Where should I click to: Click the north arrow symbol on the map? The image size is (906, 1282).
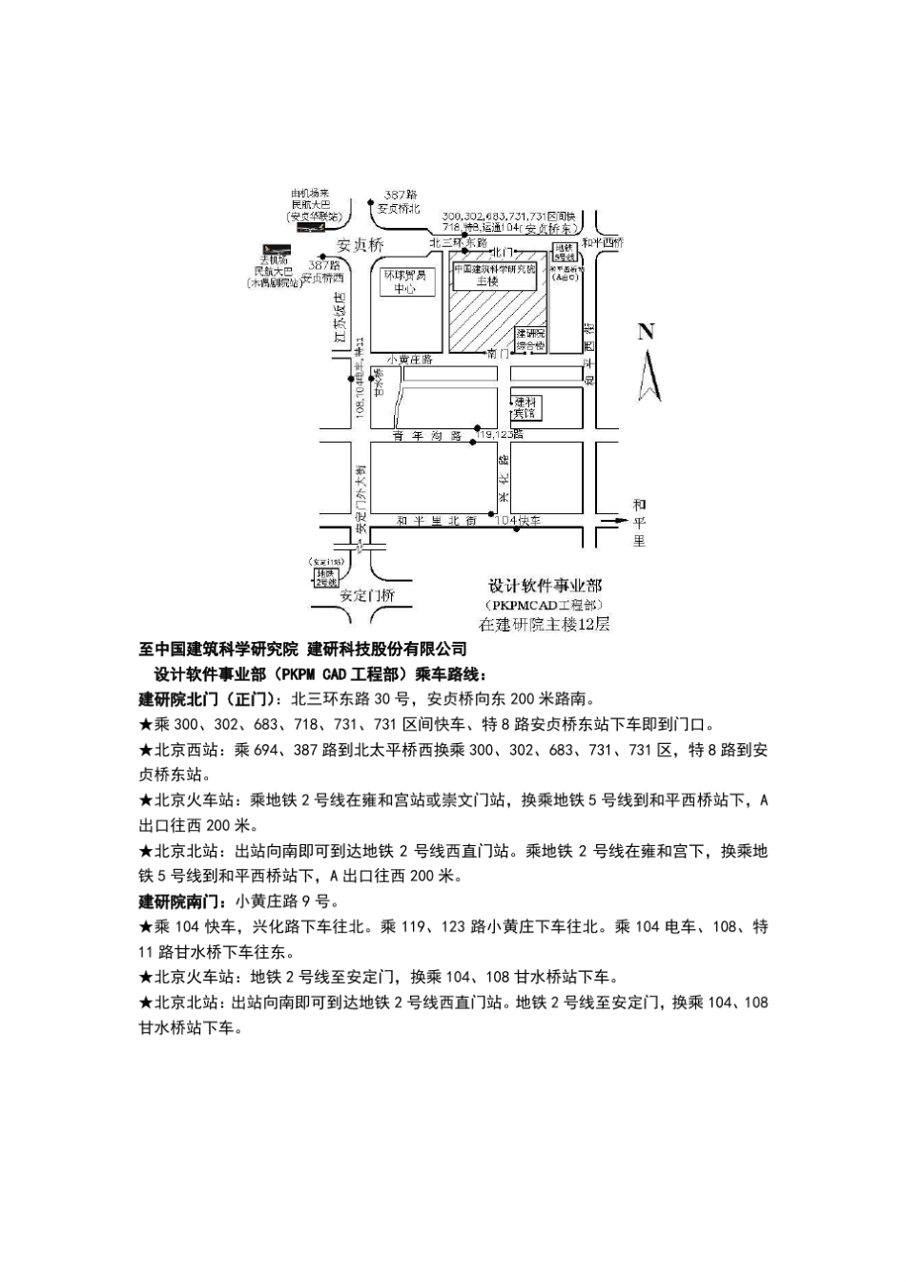point(649,375)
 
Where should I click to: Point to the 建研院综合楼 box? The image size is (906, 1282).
point(530,339)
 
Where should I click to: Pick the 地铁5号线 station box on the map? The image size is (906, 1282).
point(565,254)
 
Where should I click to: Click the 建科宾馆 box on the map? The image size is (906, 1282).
point(525,407)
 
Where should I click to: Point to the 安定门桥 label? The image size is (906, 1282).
point(366,594)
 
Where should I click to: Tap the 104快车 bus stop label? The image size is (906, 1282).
point(519,521)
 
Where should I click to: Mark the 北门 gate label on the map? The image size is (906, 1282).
point(503,255)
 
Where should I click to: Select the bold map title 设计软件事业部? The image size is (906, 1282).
point(545,585)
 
